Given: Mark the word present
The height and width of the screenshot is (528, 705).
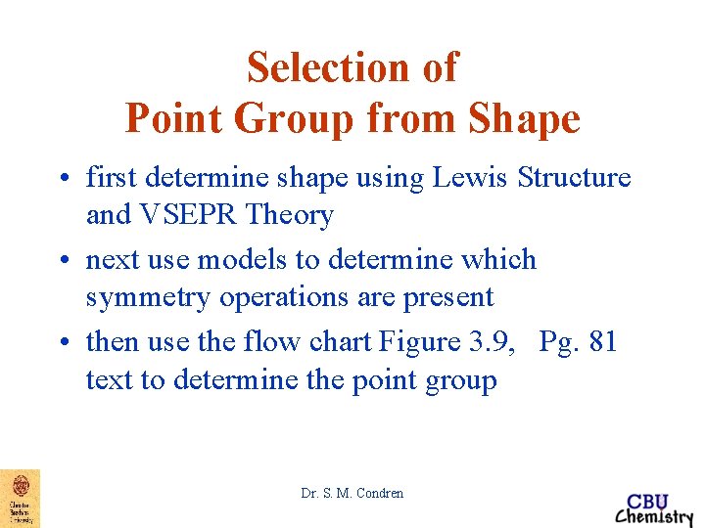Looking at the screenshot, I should click(x=446, y=297).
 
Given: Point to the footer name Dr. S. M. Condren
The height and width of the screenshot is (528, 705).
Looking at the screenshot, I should click(x=352, y=494).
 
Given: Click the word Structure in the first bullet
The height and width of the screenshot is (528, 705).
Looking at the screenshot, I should click(x=574, y=178).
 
